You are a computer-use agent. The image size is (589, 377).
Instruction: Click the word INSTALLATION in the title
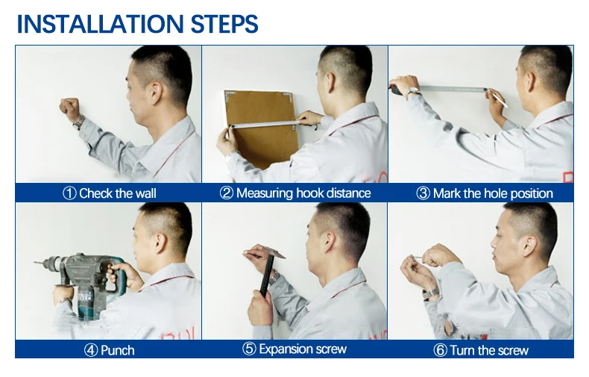[100, 24]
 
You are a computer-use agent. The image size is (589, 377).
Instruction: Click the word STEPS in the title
[224, 24]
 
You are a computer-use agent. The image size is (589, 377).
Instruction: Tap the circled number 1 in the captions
[69, 193]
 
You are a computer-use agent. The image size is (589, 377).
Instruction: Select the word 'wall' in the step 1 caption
[145, 193]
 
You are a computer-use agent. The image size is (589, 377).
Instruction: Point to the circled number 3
[423, 193]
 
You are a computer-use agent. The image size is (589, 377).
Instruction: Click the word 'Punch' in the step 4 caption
[118, 350]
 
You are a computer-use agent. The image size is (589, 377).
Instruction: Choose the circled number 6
[440, 350]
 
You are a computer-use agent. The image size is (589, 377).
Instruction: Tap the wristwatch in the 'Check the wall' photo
[79, 122]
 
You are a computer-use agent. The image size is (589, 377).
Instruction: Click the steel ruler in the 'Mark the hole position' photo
[453, 89]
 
